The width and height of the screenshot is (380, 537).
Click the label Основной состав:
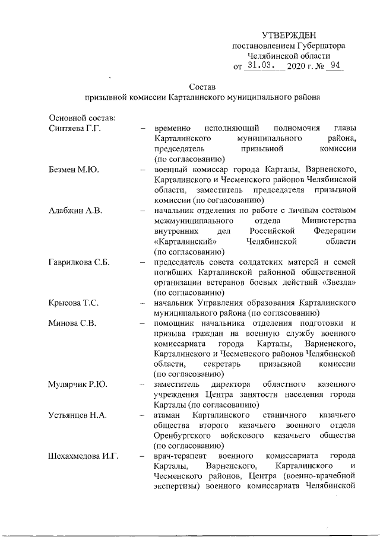78,117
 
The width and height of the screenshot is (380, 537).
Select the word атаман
169,415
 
